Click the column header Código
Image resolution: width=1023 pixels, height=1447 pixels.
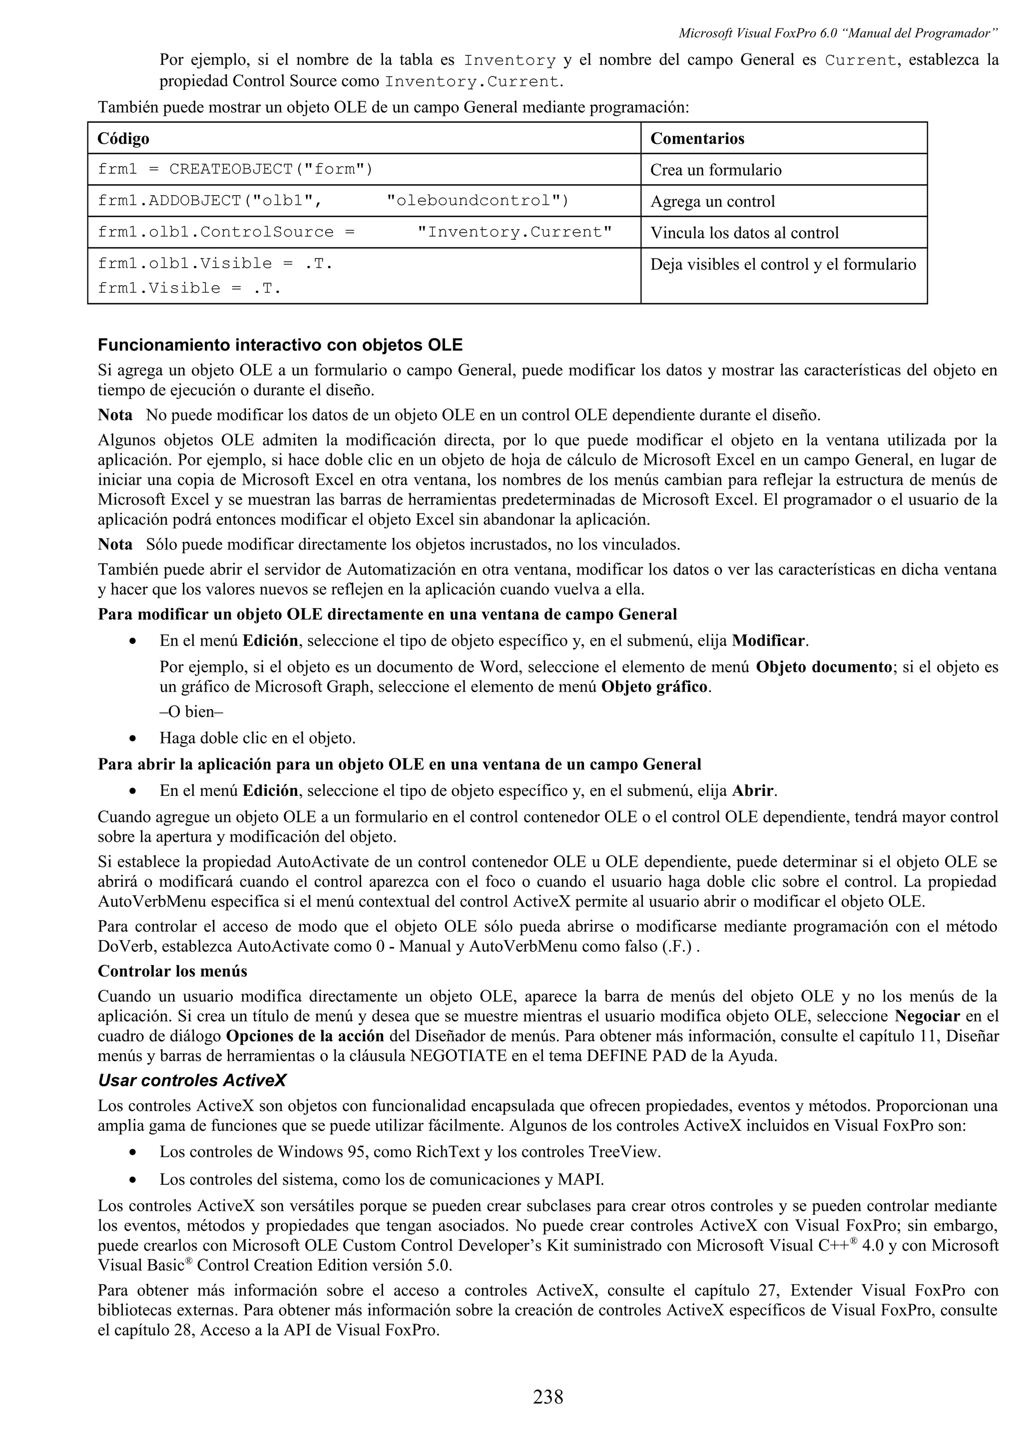click(123, 139)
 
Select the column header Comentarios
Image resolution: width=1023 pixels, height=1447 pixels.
click(697, 139)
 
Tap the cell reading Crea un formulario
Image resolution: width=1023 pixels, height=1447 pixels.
click(715, 170)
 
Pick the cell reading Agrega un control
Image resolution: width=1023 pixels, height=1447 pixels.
click(712, 202)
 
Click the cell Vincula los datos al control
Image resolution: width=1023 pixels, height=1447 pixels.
click(744, 233)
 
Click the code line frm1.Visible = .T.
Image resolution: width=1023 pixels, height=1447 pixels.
click(189, 289)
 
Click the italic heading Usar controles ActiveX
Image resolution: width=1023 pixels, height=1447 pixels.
click(192, 1080)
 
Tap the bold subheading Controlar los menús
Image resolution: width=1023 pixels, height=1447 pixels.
click(172, 971)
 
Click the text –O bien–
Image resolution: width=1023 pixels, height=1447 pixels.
click(192, 712)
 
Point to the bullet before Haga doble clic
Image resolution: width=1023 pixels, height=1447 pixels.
click(132, 738)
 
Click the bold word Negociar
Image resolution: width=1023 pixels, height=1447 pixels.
click(927, 1016)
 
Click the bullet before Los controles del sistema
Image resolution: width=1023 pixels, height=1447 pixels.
click(132, 1179)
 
